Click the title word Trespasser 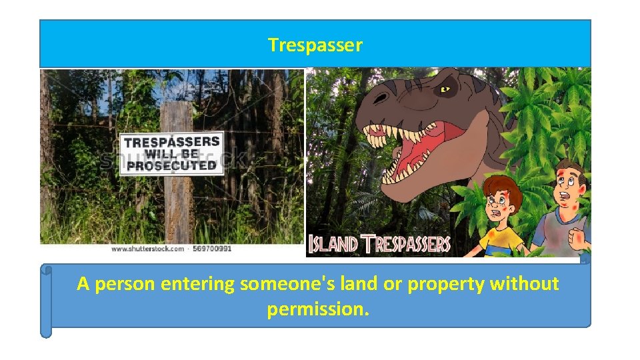tap(315, 45)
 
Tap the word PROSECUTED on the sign tap(171, 165)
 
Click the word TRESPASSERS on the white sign tap(172, 141)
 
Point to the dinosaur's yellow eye tap(445, 89)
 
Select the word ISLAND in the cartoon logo tap(334, 244)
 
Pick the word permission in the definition tap(317, 309)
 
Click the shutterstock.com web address tap(147, 248)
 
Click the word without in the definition tap(524, 284)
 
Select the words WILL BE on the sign tap(172, 153)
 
